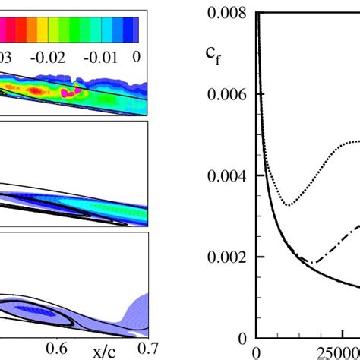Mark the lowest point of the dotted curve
(x=289, y=205)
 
